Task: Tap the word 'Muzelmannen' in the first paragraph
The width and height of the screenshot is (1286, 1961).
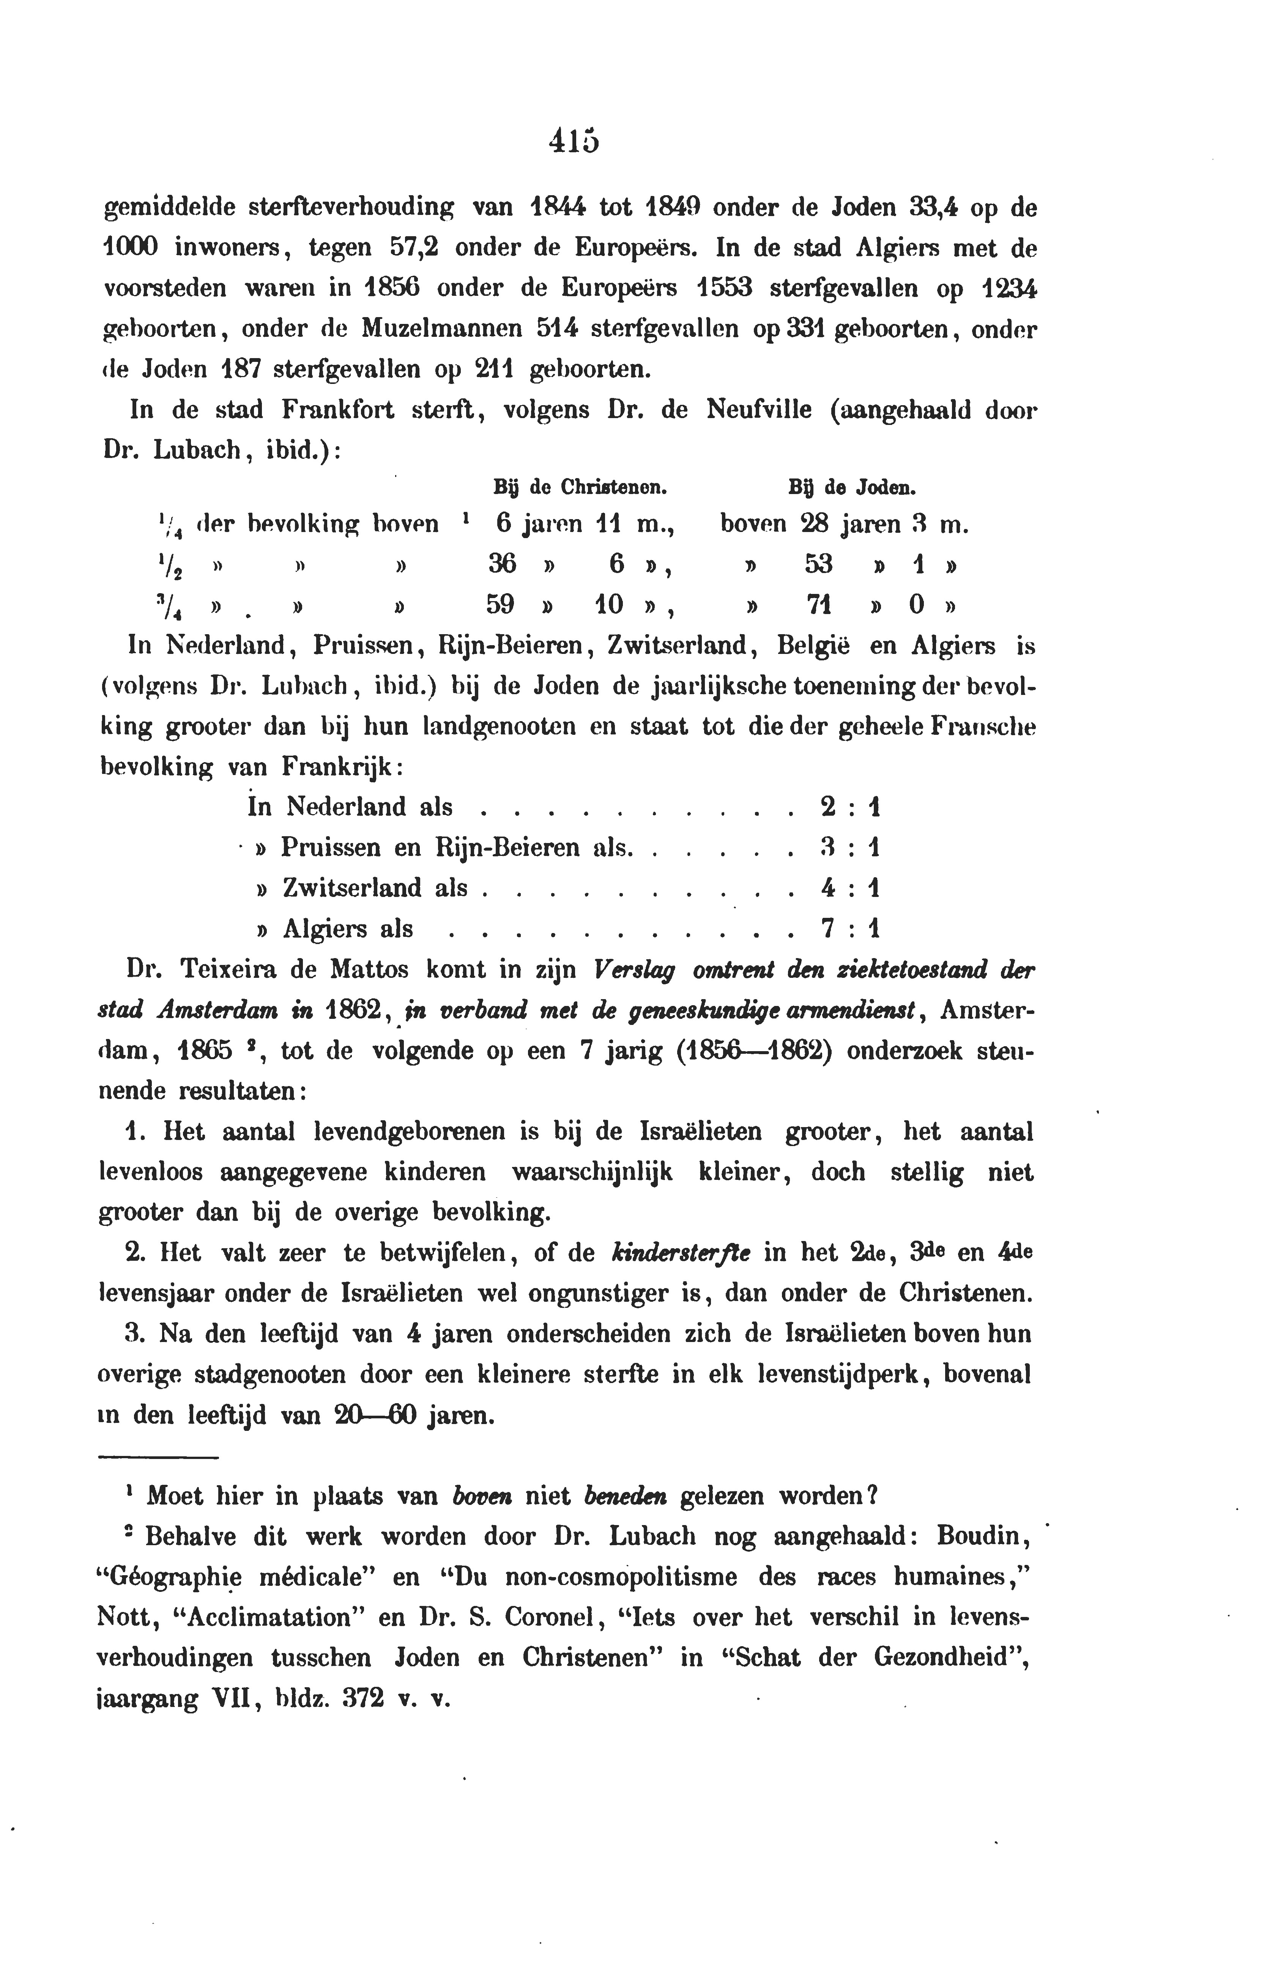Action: click(441, 329)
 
